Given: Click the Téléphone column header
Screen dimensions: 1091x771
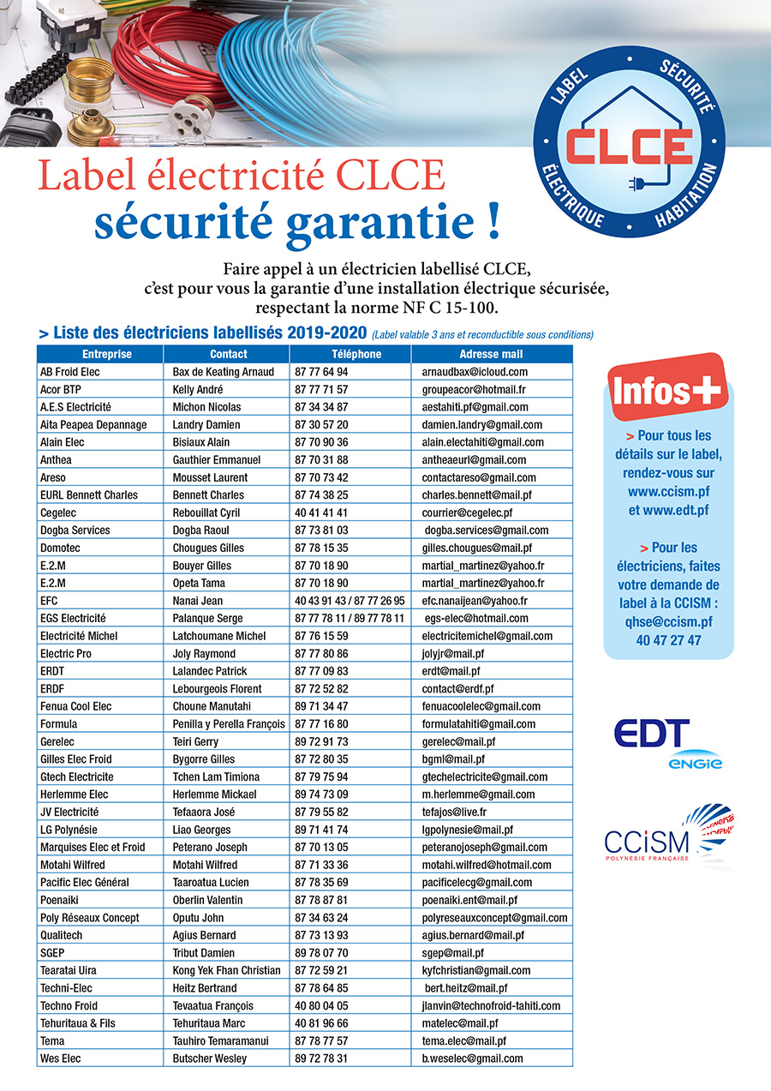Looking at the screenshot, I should coord(350,354).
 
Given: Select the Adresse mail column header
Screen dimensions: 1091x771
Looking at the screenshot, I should coord(491,354).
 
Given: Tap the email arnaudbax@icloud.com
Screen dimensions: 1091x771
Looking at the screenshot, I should coord(475,372).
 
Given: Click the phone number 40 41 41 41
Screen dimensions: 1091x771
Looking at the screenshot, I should coord(321,513).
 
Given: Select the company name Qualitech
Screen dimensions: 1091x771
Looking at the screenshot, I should coord(65,935).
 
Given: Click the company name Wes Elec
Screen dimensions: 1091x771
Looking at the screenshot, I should coord(61,1058).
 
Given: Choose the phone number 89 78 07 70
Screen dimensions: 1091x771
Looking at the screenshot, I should coord(321,953).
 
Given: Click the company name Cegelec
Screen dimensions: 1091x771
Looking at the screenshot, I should coord(62,513).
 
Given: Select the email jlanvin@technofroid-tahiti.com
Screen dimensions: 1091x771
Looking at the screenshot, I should coord(491,1005).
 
